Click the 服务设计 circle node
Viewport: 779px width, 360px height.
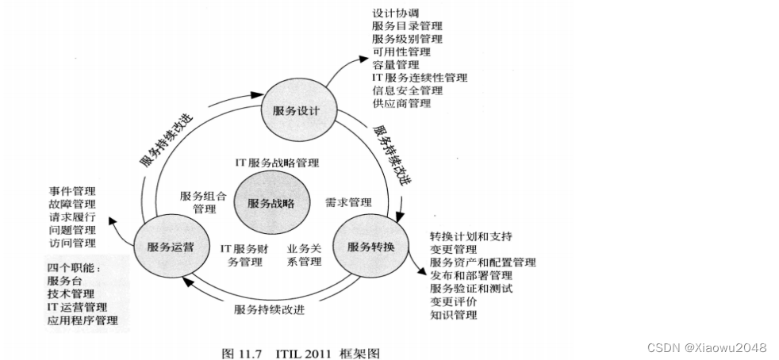tap(290, 110)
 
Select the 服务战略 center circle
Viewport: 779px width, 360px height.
tap(271, 203)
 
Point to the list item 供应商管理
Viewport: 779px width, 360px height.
tap(401, 103)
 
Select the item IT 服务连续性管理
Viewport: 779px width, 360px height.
tap(420, 78)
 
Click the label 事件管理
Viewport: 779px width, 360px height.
tap(71, 191)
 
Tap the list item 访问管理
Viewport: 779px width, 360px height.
tap(71, 243)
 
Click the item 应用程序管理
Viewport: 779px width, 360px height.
tap(83, 320)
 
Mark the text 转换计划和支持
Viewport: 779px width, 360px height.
tap(471, 236)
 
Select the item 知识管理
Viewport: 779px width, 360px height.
tap(454, 315)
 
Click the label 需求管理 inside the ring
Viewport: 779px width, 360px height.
tap(348, 203)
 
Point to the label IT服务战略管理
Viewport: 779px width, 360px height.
tap(276, 163)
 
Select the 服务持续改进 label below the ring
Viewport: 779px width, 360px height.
tap(269, 309)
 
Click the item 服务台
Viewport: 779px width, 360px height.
tap(64, 281)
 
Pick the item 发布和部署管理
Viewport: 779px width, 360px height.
tap(471, 275)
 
